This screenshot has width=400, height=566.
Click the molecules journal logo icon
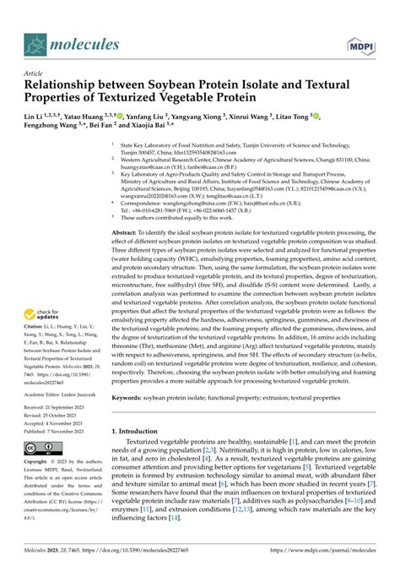[x=36, y=44]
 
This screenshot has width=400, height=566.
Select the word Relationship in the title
[x=65, y=85]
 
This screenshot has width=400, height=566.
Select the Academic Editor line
[x=59, y=394]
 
